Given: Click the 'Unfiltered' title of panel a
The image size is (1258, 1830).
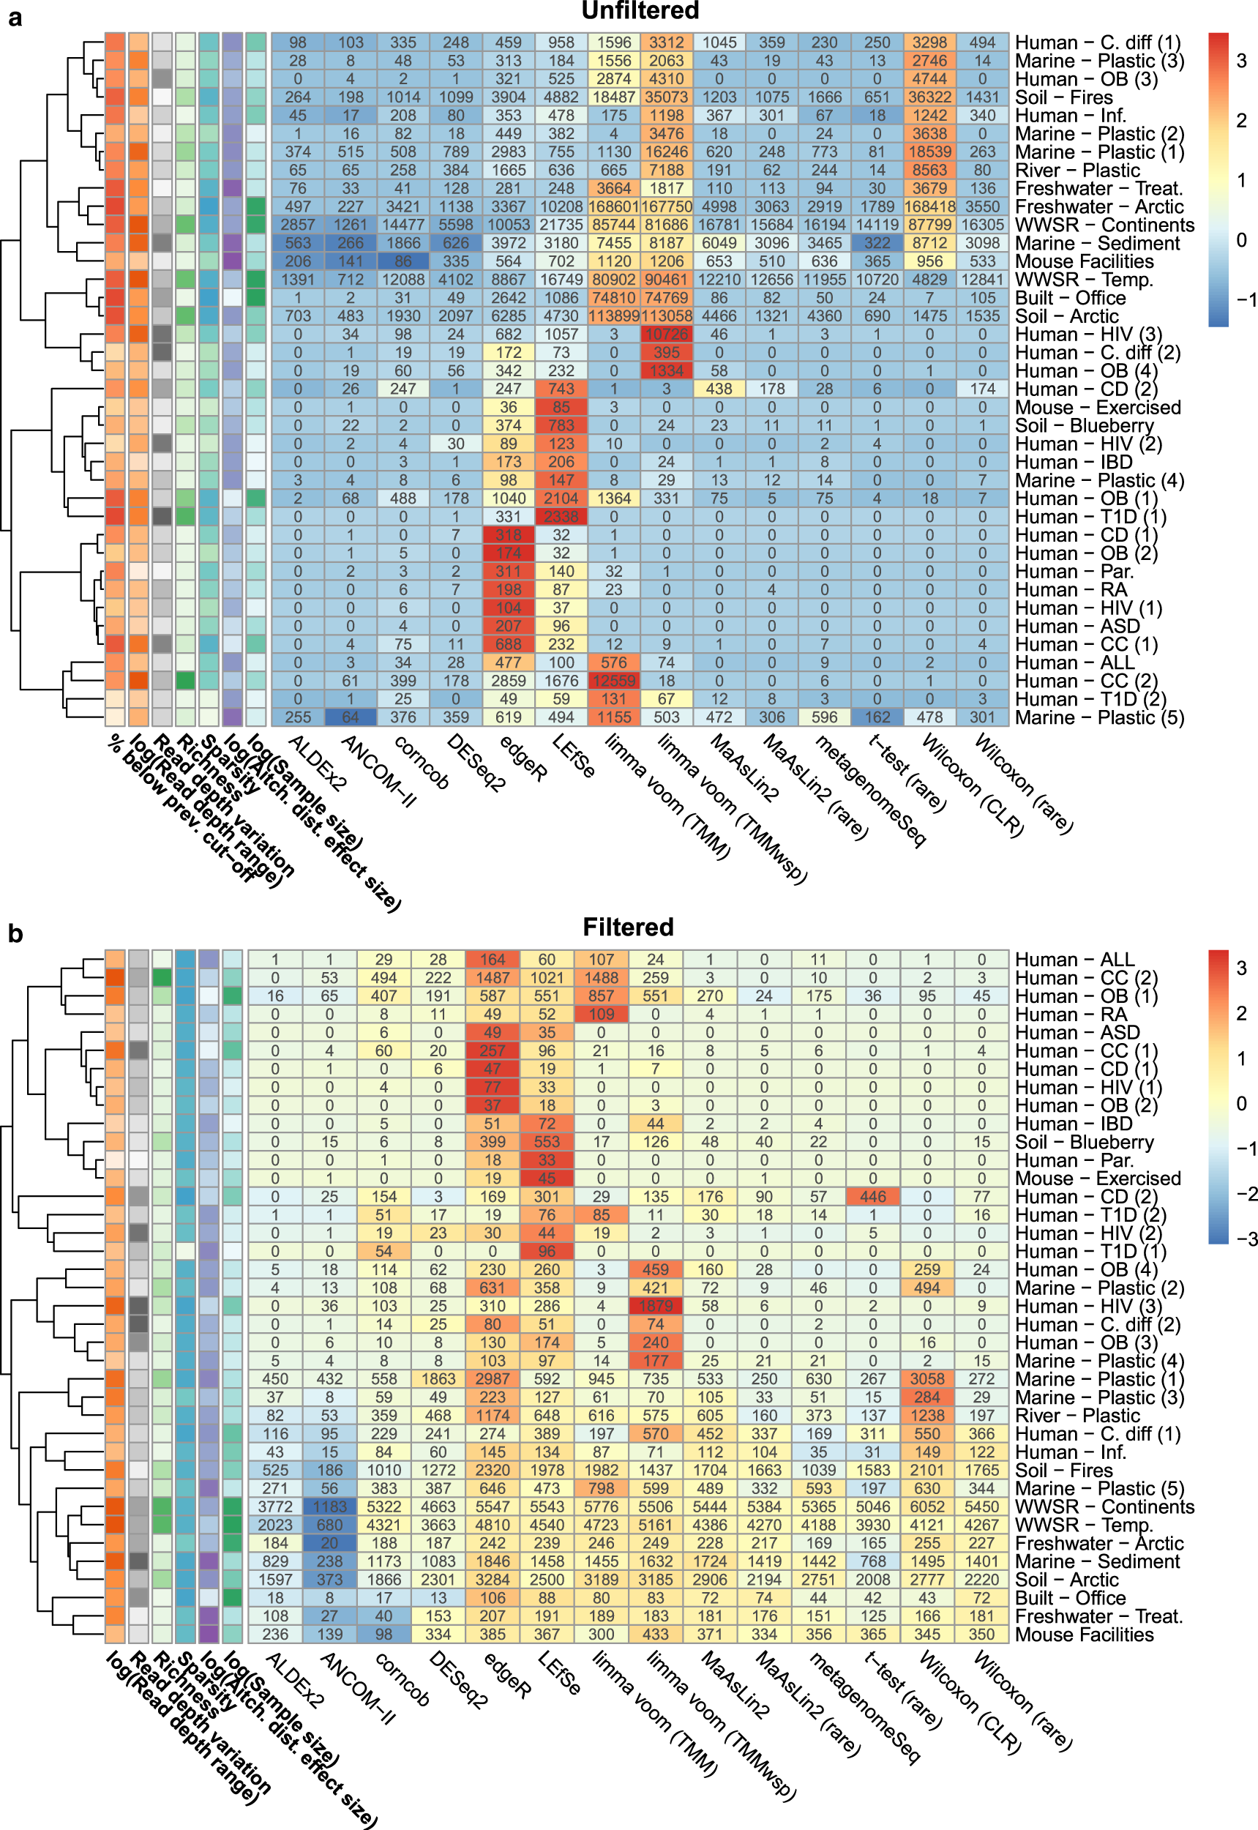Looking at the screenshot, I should click(x=640, y=11).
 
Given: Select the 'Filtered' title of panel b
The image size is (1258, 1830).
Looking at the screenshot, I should click(x=627, y=927).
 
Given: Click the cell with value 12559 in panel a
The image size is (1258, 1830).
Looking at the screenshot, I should click(x=613, y=681).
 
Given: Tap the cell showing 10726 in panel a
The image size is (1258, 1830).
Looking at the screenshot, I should click(x=666, y=335).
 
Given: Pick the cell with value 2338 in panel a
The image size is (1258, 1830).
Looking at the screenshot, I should click(x=561, y=517).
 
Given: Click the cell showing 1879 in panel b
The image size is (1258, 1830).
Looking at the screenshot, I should click(x=655, y=1306).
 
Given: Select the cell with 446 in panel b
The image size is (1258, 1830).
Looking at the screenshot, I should click(x=872, y=1197).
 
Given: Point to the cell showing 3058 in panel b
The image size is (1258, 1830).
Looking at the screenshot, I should click(x=927, y=1379).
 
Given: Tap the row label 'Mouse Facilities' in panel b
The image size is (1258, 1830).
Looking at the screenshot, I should click(x=1084, y=1635).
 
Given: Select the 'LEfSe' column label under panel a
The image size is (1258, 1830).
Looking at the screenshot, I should click(x=573, y=757).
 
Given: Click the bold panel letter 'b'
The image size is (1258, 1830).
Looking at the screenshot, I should click(x=15, y=933).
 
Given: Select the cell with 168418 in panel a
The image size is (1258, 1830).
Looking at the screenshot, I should click(x=929, y=206).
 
